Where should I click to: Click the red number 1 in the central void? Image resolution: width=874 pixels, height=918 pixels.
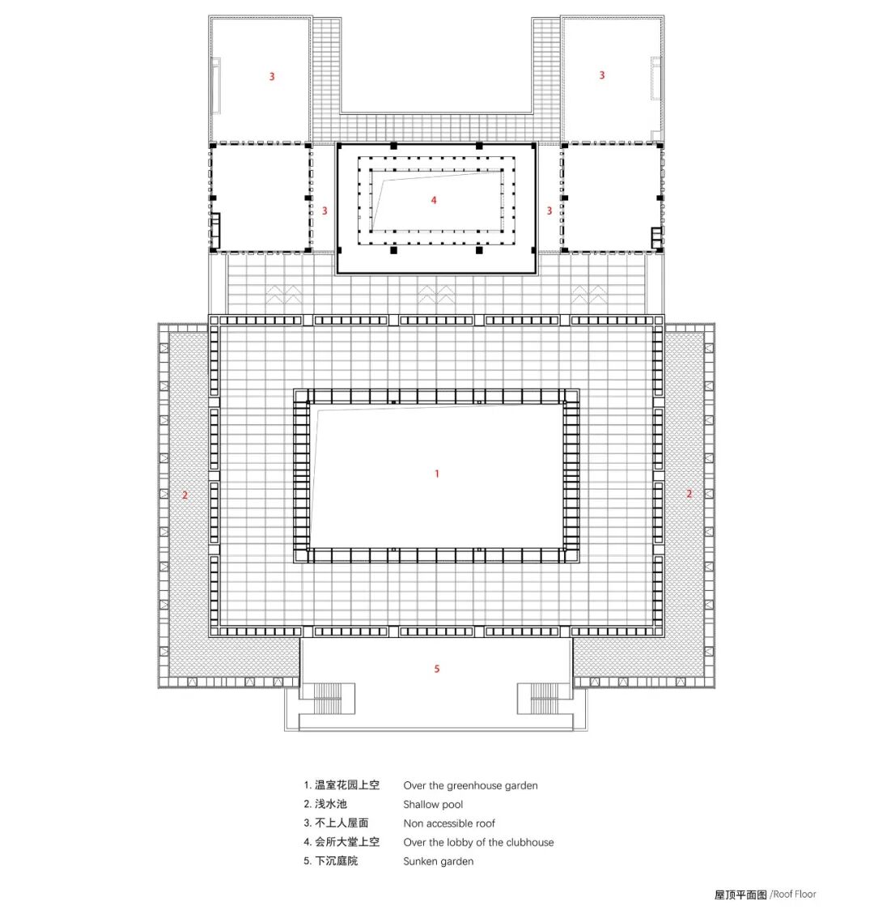click(437, 474)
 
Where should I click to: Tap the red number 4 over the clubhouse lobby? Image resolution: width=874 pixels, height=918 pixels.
click(434, 200)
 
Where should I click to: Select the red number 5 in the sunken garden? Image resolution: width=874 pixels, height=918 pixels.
click(437, 669)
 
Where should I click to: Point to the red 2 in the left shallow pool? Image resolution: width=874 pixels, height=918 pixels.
click(185, 495)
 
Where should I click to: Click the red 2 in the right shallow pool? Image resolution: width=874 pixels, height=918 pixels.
click(689, 493)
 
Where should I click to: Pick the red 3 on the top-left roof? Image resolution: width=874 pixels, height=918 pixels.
click(272, 77)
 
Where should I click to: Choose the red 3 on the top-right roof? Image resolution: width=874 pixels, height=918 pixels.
click(601, 75)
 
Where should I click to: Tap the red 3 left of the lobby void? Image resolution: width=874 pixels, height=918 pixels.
click(325, 211)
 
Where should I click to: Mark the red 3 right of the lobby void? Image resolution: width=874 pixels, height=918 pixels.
click(549, 211)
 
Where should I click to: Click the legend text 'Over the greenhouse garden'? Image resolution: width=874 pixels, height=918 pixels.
click(470, 785)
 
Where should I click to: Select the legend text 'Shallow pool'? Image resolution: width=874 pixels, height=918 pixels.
click(433, 805)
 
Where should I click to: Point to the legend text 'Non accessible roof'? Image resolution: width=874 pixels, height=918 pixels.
click(449, 823)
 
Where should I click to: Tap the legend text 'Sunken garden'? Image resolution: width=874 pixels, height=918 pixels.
click(438, 861)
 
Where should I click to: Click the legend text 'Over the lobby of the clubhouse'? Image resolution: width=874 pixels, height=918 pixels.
click(478, 843)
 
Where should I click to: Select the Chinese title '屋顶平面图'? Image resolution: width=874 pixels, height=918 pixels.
click(740, 895)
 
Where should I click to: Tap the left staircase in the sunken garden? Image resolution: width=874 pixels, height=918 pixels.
click(328, 698)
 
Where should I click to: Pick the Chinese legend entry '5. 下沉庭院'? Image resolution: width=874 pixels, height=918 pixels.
click(330, 861)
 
